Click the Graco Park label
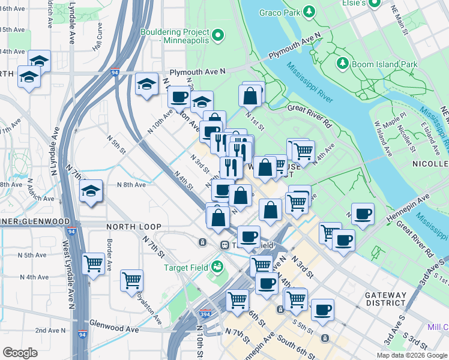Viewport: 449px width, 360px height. (279, 12)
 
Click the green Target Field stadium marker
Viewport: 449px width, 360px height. (215, 266)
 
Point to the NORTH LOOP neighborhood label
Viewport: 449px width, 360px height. (133, 227)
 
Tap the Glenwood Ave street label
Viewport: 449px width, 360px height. (114, 329)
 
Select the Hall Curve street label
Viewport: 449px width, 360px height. (102, 41)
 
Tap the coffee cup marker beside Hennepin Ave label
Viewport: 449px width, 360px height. (363, 214)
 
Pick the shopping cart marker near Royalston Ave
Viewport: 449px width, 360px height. (132, 280)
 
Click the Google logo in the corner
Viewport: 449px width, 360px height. (20, 352)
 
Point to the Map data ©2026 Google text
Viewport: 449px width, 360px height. (412, 355)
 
